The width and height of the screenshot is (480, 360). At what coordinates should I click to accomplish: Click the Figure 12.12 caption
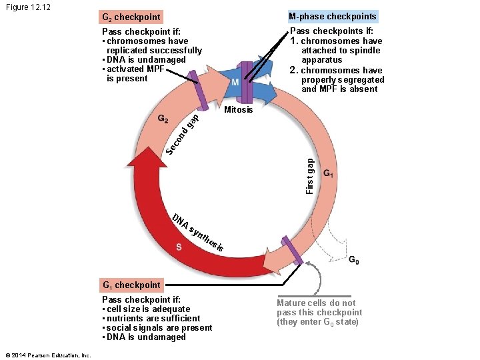tap(29, 7)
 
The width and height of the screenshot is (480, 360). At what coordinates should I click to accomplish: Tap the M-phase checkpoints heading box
tap(332, 17)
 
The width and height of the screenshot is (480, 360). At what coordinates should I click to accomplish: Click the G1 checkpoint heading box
tap(131, 285)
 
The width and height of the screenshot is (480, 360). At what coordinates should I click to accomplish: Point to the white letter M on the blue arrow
tap(235, 83)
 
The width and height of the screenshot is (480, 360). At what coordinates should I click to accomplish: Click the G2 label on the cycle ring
tap(162, 119)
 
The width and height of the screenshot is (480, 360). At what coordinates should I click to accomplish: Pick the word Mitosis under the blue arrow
tap(239, 109)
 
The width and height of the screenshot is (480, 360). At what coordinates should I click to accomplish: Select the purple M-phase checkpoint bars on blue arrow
tap(247, 80)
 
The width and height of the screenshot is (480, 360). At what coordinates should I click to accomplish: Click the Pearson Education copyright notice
tap(46, 355)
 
